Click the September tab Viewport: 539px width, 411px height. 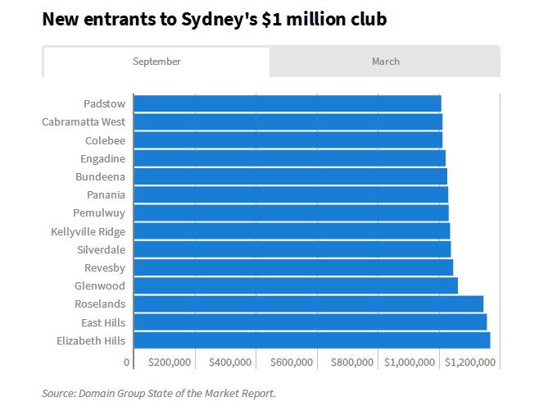pos(156,62)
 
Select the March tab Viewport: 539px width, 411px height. pos(385,62)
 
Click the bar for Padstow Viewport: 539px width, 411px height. pos(287,103)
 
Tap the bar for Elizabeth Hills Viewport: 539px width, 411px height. pos(311,340)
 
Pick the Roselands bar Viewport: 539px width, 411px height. pos(308,304)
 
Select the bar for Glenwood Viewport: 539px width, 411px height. pos(295,285)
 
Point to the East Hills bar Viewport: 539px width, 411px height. pos(310,322)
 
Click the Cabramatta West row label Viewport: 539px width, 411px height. pos(84,122)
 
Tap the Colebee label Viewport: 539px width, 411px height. pos(105,140)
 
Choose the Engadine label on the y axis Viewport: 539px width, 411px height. pos(102,158)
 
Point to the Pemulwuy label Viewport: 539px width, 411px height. pos(99,213)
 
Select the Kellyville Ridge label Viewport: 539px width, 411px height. pos(88,231)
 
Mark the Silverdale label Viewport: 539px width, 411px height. pos(101,249)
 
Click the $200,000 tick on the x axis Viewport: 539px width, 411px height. pos(170,362)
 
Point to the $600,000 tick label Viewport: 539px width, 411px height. pos(292,362)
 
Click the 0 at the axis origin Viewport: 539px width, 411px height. pos(127,362)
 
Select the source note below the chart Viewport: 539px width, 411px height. pos(159,394)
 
